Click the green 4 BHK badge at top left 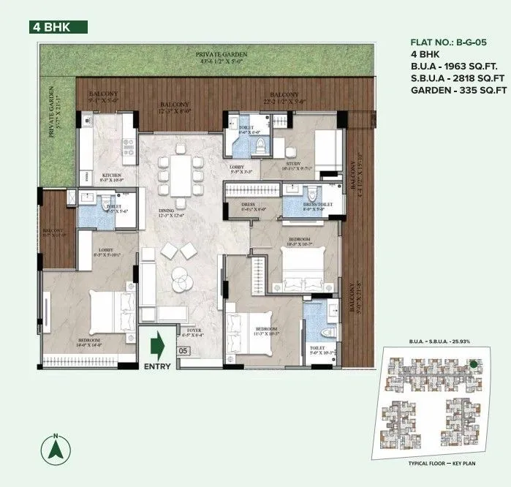58,27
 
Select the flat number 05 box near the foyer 183,351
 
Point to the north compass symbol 56,448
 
